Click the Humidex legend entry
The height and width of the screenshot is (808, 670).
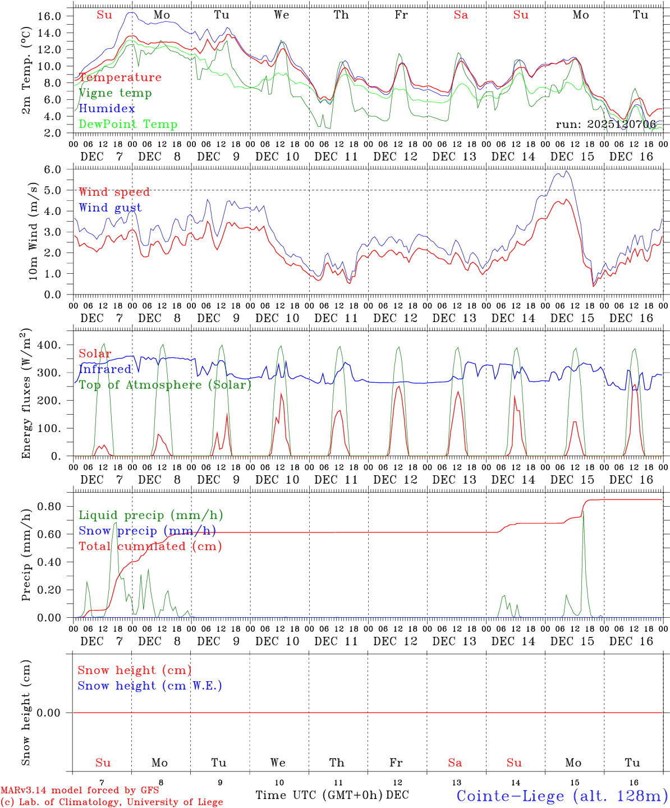(x=99, y=108)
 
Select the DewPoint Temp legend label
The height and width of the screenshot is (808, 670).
(x=128, y=124)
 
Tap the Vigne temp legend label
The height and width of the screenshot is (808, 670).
(x=115, y=93)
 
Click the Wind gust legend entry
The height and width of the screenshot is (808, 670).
(x=110, y=208)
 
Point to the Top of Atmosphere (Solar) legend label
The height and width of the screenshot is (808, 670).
(x=165, y=385)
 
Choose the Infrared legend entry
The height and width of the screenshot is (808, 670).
(x=105, y=369)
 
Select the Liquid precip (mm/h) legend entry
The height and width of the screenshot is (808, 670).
(x=151, y=515)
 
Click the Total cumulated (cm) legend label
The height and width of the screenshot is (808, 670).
(x=150, y=546)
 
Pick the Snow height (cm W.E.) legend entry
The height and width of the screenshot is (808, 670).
(x=150, y=686)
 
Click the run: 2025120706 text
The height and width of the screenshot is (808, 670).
(x=605, y=124)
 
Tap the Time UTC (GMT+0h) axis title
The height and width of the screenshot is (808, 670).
(x=319, y=795)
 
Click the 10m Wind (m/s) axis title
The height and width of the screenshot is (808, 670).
(x=33, y=231)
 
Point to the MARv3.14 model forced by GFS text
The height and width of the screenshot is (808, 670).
(x=80, y=790)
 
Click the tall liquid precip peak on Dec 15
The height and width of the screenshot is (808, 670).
(x=583, y=512)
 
